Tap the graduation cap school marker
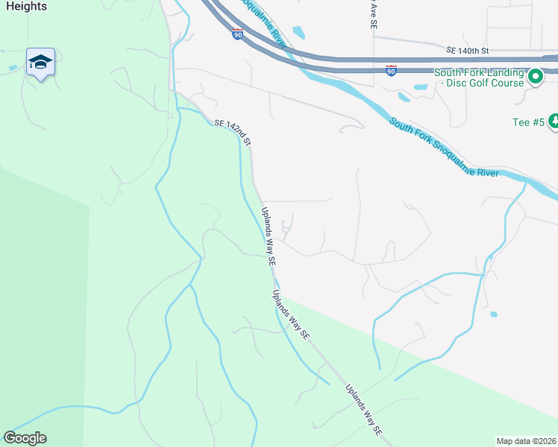(x=40, y=62)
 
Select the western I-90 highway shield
(x=237, y=34)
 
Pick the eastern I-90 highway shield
(x=391, y=70)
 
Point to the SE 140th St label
(x=467, y=51)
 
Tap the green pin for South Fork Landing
(x=535, y=76)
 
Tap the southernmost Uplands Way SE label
(x=363, y=410)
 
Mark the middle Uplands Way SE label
(x=291, y=314)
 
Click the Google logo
(x=25, y=438)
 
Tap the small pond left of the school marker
(x=13, y=68)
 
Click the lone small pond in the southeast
(x=493, y=314)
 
